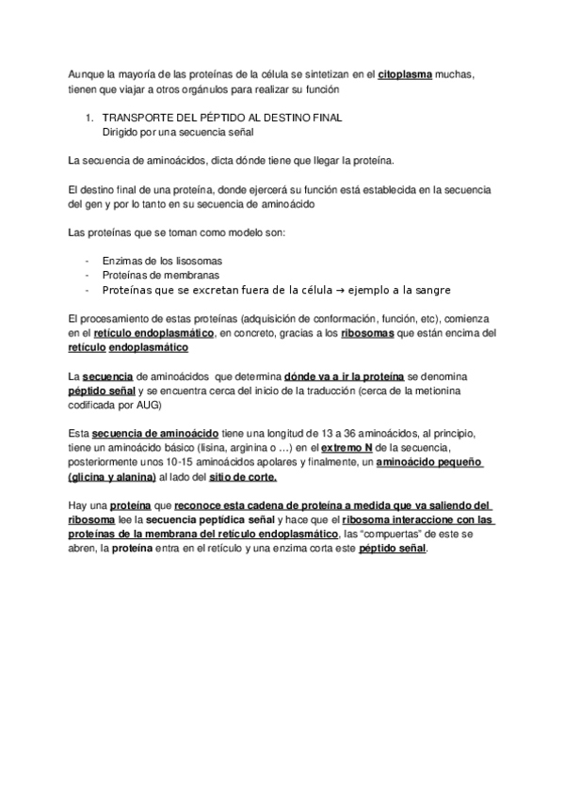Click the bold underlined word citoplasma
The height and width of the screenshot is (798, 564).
click(x=405, y=76)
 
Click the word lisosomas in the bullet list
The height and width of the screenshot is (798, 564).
click(x=199, y=260)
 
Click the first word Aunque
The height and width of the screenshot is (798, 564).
click(x=88, y=76)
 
